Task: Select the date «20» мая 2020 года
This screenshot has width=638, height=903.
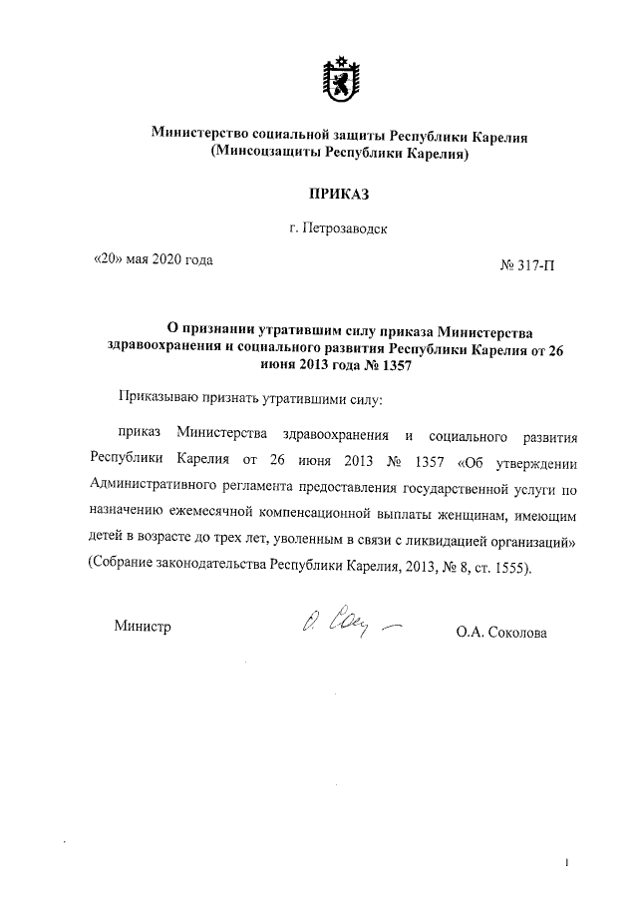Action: click(153, 261)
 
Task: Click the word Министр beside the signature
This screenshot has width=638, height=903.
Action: click(142, 627)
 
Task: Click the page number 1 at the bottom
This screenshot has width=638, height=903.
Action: click(566, 863)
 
